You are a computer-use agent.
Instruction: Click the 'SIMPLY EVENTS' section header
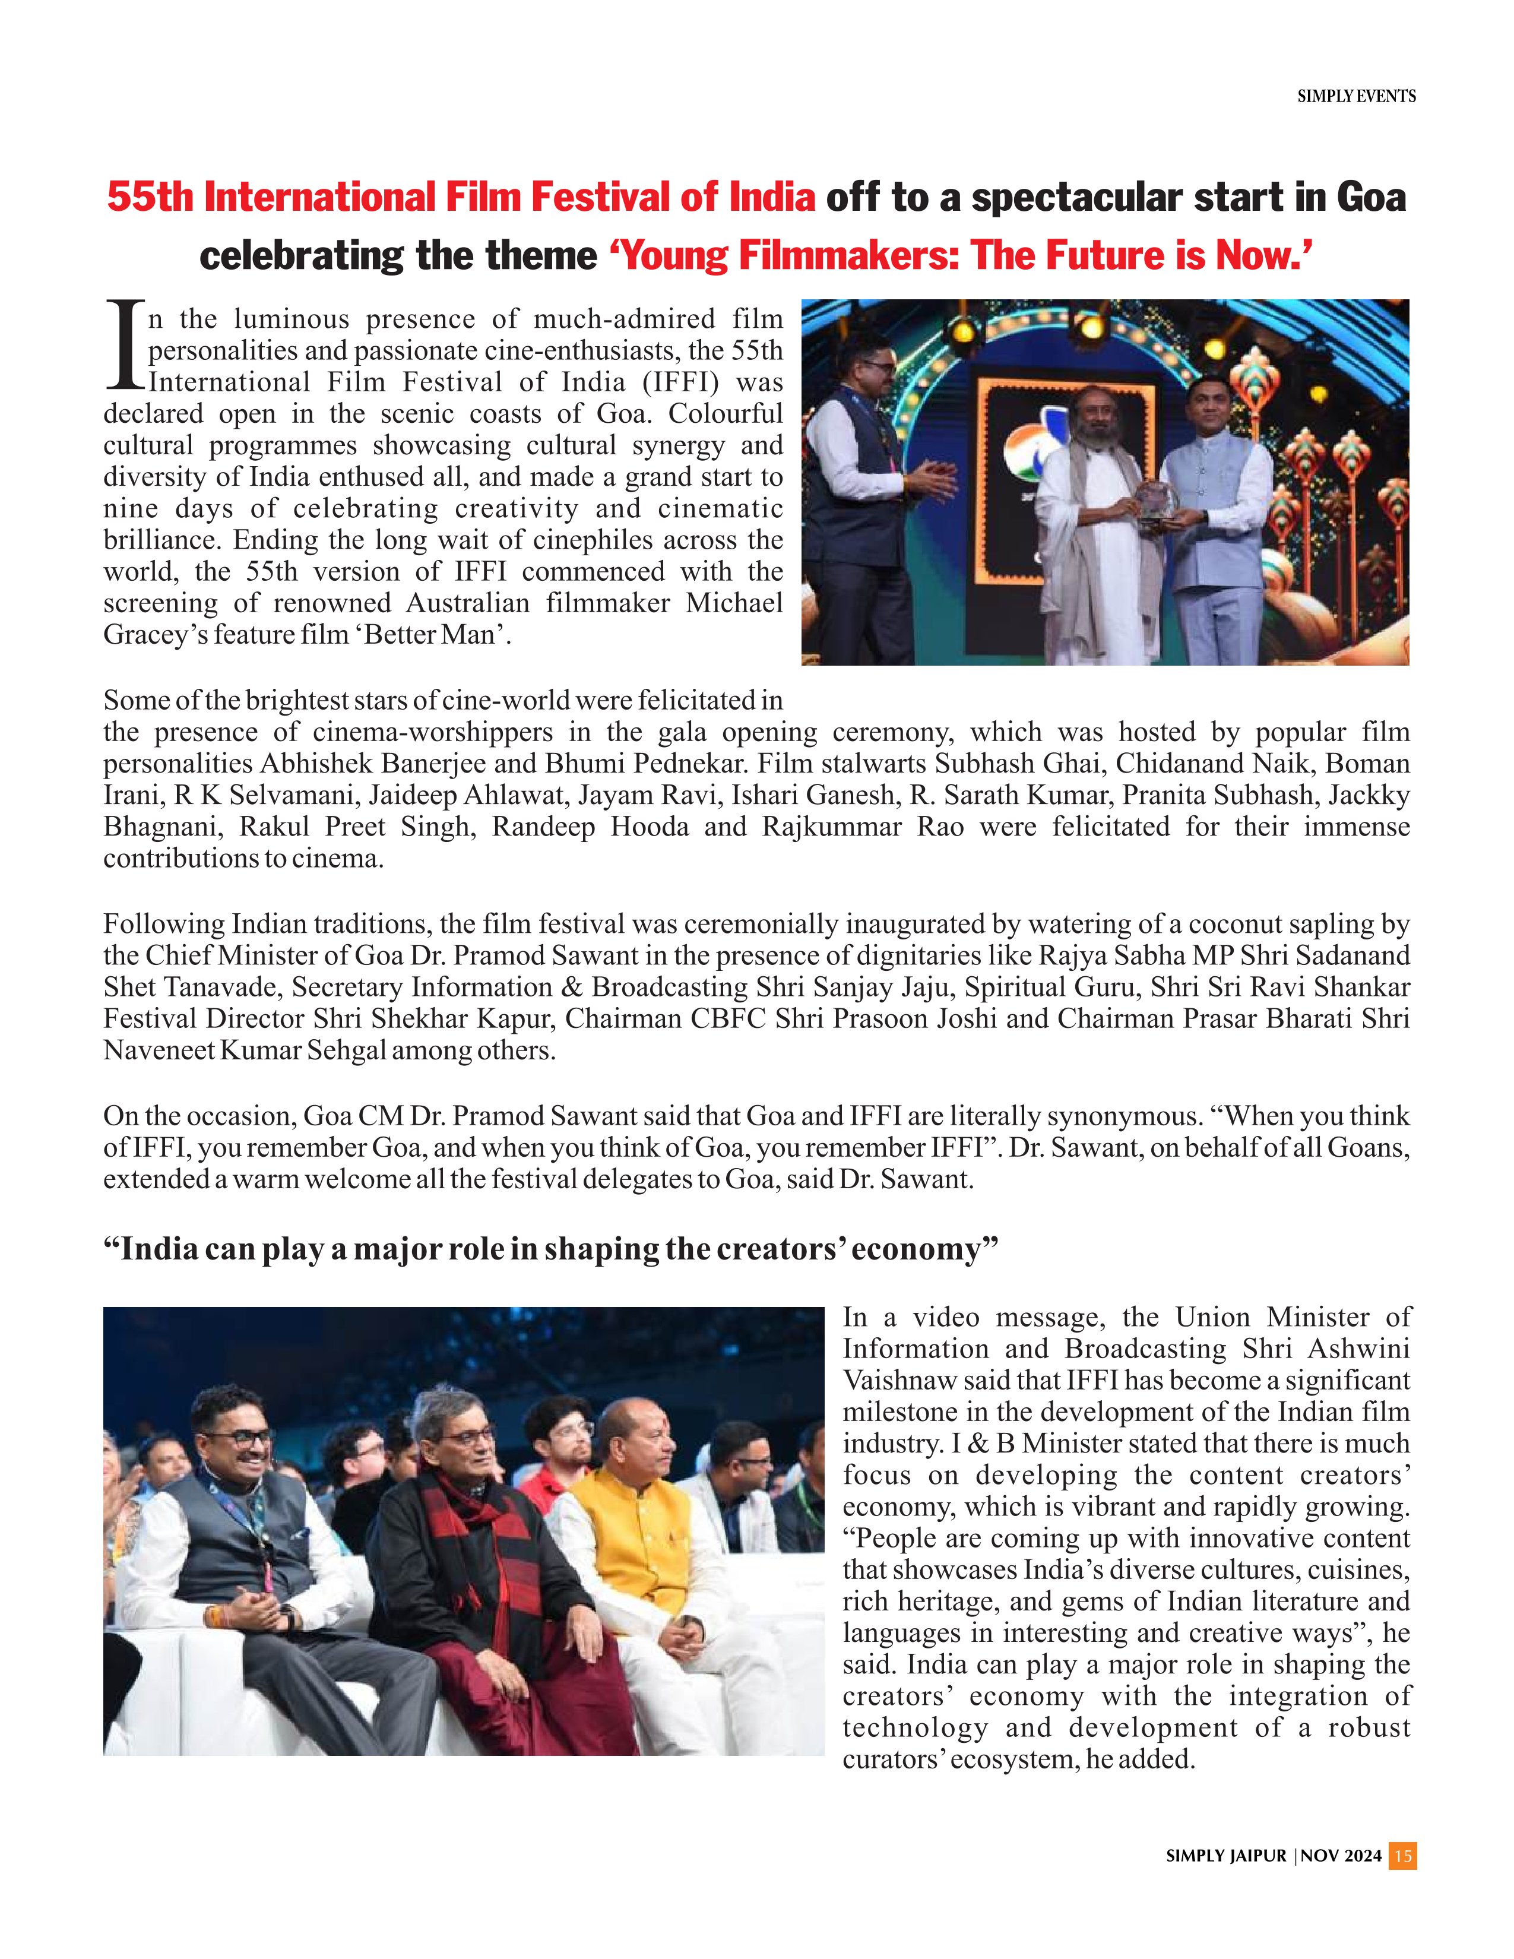(1356, 96)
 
